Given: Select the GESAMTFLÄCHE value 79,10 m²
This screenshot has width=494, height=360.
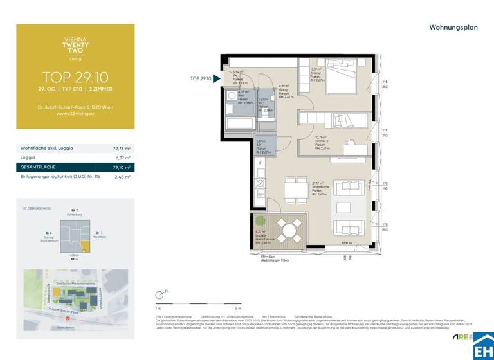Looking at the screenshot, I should pyautogui.click(x=122, y=167).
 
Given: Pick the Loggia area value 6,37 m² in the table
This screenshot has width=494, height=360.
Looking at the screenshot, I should pyautogui.click(x=122, y=157).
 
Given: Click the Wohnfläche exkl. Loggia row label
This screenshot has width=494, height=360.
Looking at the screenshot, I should pyautogui.click(x=48, y=148).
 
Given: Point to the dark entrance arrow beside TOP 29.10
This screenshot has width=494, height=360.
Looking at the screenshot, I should pyautogui.click(x=217, y=79).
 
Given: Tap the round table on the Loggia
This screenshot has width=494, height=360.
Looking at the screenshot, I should pyautogui.click(x=289, y=231).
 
